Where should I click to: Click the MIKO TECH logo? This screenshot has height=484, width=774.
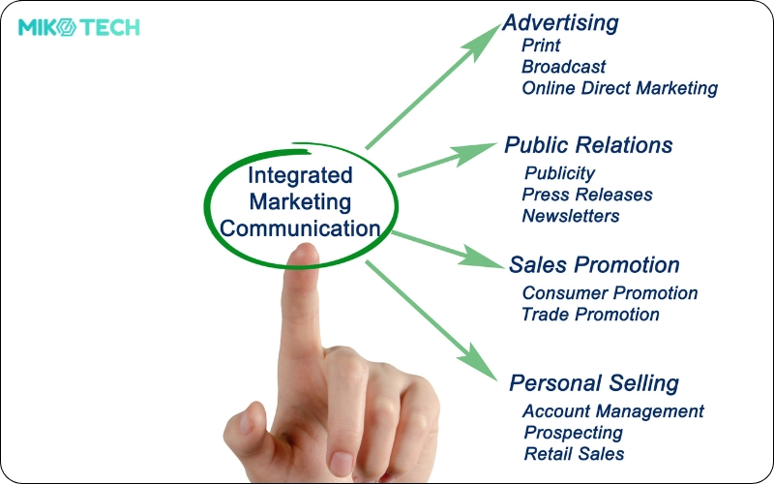coord(79,27)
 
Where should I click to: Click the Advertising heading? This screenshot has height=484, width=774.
coord(560,22)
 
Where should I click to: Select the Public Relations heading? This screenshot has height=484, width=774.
coord(588,145)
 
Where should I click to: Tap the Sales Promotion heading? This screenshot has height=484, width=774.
coord(594,265)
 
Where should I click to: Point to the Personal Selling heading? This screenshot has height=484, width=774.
coord(594,382)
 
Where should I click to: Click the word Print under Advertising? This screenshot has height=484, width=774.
coord(541,45)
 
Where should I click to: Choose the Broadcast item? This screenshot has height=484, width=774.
coord(563,67)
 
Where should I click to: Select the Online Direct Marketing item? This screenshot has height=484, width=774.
coord(619,88)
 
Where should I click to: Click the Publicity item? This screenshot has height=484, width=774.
coord(559,173)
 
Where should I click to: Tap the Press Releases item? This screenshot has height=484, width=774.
coord(587,195)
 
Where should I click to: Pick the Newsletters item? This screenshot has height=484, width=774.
coord(571,216)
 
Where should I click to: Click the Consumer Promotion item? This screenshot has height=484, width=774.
coord(610,292)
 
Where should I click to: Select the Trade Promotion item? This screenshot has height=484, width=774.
coord(590,315)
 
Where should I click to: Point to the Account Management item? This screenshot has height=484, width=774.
coord(613,411)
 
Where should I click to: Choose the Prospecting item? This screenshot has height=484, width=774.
coord(573,433)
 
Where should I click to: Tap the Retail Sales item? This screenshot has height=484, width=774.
coord(574,454)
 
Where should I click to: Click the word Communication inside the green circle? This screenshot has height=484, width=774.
coord(300,229)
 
